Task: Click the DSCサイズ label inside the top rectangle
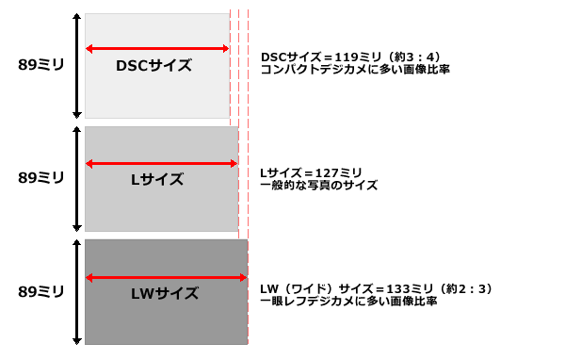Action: click(x=153, y=66)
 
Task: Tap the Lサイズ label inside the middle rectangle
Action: click(x=157, y=179)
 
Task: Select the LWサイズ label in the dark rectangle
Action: click(x=165, y=293)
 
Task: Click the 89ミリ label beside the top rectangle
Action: click(x=41, y=65)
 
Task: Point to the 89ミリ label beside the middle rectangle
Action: click(x=41, y=178)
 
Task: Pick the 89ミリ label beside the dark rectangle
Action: click(x=41, y=292)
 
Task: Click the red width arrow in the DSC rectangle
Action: click(x=156, y=49)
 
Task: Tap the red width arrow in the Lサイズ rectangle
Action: click(x=160, y=164)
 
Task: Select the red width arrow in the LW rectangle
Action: click(x=166, y=278)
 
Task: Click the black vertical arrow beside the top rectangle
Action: click(x=75, y=65)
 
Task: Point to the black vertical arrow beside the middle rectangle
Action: click(x=75, y=179)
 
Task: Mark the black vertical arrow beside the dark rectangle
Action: click(x=75, y=292)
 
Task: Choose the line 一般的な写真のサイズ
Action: click(x=318, y=186)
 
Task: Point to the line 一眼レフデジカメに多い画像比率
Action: click(x=348, y=301)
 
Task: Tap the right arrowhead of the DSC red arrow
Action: click(x=225, y=49)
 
